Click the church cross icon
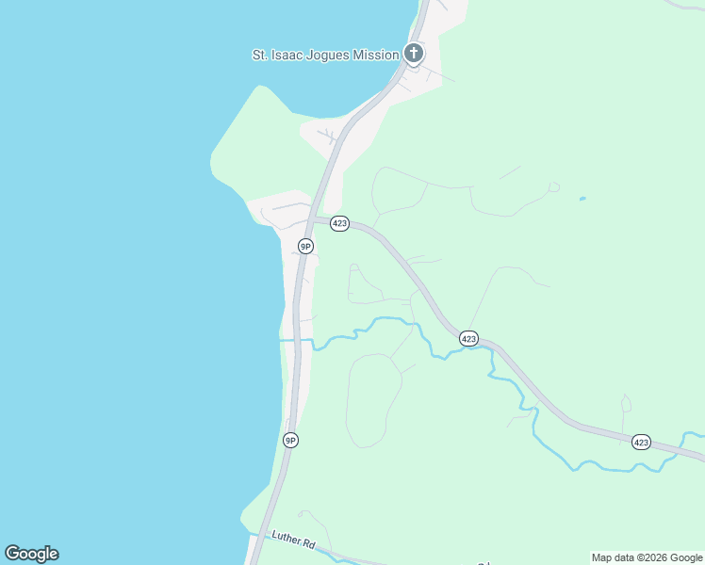point(413,54)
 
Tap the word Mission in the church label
point(375,56)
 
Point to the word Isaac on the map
point(286,56)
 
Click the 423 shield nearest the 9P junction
point(340,224)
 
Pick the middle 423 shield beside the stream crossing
point(469,338)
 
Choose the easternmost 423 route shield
point(641,442)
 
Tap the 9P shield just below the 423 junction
point(305,246)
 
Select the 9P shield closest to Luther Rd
point(291,440)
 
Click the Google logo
point(31,554)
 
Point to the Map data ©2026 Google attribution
point(647,558)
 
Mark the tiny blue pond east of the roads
point(582,199)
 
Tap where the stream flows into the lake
point(282,340)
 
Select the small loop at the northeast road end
point(553,187)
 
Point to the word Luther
point(284,538)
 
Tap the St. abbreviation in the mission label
point(261,56)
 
